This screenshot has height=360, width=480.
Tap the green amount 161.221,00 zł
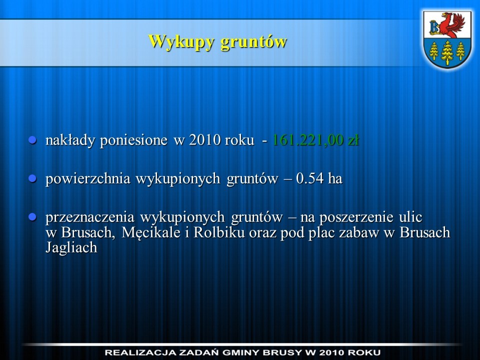pyautogui.click(x=315, y=140)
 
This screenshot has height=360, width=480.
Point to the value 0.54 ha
pyautogui.click(x=319, y=178)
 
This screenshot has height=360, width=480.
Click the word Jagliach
pyautogui.click(x=71, y=247)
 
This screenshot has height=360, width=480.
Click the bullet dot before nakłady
pyautogui.click(x=32, y=140)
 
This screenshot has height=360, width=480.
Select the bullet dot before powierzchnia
pyautogui.click(x=32, y=178)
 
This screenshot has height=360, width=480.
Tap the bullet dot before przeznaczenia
pyautogui.click(x=32, y=217)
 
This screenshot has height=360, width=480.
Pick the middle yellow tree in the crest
pyautogui.click(x=447, y=52)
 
